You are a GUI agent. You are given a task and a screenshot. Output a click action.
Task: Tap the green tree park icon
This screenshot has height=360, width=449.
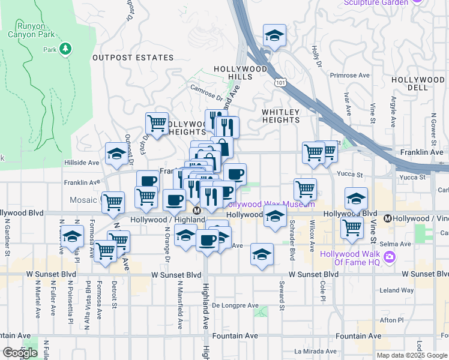[66, 48]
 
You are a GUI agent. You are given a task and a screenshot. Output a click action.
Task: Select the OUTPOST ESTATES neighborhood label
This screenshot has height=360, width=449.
[133, 58]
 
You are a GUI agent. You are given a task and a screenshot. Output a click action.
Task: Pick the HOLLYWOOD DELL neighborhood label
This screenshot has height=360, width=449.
[418, 83]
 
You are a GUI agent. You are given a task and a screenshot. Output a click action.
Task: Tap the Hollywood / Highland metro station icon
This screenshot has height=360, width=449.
[196, 211]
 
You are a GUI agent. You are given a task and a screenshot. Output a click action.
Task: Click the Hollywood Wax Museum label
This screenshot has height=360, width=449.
[269, 205]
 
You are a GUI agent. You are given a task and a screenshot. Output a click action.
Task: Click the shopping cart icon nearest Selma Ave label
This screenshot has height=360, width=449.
[351, 227]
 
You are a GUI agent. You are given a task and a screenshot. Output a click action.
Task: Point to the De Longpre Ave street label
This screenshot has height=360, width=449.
[236, 305]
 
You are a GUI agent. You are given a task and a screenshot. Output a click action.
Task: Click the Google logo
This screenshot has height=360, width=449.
[20, 353]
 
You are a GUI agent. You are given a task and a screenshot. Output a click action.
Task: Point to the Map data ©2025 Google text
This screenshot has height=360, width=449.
[412, 355]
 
